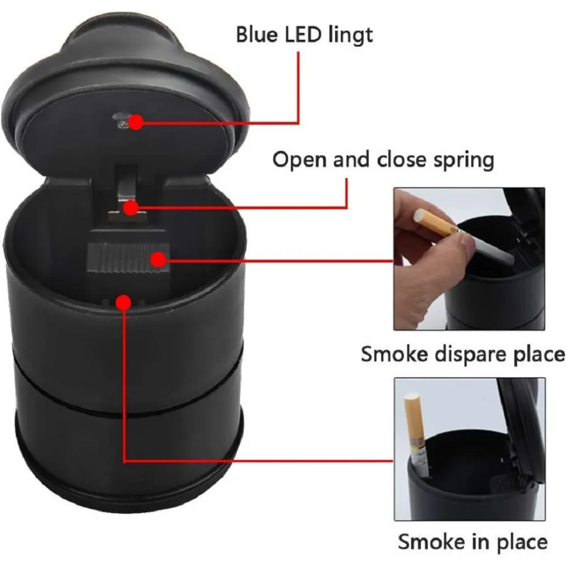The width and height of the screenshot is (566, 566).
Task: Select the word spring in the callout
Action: coord(463,160)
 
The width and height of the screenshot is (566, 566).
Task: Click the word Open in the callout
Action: coord(300,160)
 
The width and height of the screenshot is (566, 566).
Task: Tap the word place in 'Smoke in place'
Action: coord(519,542)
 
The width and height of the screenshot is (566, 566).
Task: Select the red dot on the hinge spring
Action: coord(130,208)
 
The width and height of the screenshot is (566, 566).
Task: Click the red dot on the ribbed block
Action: coord(159,259)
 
